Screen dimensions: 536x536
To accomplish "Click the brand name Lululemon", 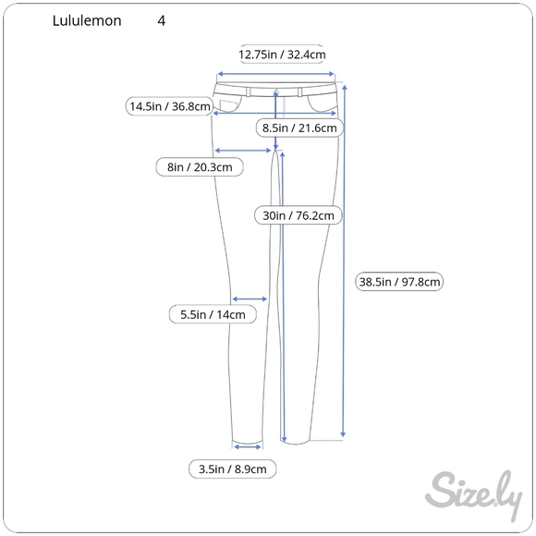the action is [87, 21].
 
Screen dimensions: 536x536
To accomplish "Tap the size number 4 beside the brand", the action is [162, 21].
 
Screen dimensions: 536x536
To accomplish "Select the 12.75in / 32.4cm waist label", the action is [282, 55].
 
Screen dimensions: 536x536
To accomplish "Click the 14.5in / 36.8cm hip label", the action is [170, 106].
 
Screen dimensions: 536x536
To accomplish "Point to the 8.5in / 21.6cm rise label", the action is [299, 128].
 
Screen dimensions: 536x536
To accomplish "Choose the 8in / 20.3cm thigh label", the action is [200, 167].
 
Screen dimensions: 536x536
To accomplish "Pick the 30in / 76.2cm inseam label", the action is [298, 215].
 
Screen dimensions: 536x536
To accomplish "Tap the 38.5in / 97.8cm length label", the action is [399, 282].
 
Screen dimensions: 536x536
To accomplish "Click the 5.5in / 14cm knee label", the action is [213, 314].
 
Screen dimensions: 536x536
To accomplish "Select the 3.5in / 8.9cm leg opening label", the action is [233, 469].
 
